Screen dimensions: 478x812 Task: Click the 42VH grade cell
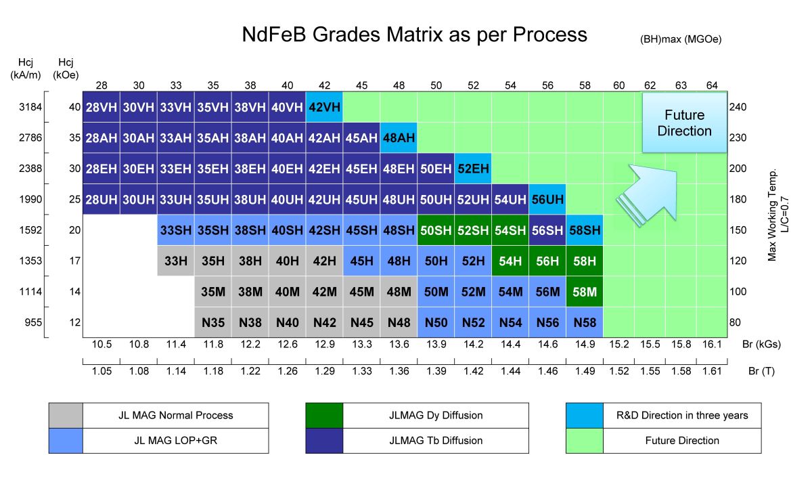[324, 107]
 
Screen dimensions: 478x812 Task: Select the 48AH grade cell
[399, 137]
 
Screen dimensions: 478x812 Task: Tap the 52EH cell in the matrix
[473, 169]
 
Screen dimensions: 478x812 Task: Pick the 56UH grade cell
[547, 200]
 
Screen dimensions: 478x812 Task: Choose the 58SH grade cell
[585, 230]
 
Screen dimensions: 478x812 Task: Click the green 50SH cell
[436, 230]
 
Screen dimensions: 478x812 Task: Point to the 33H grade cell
[176, 261]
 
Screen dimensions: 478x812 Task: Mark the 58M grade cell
[585, 292]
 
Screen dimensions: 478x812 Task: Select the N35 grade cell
[213, 323]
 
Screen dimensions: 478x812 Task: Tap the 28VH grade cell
[101, 107]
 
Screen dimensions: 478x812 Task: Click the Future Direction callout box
[684, 123]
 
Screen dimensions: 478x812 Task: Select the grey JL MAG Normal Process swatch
[66, 415]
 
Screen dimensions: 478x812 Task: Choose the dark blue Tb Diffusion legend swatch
[325, 440]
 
